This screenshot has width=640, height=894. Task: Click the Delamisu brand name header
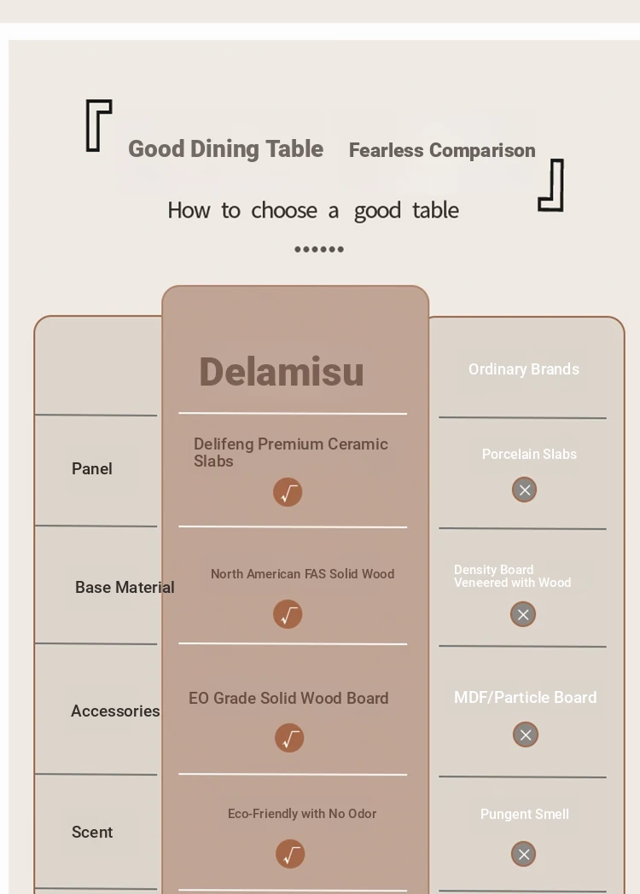(282, 372)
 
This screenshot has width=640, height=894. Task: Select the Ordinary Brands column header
(524, 369)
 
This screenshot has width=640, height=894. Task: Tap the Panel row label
(92, 468)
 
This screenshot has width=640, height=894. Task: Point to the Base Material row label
(125, 587)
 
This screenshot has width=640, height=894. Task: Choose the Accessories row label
(115, 711)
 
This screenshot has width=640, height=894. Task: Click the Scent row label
(92, 833)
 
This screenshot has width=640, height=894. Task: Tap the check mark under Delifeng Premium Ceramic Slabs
(288, 492)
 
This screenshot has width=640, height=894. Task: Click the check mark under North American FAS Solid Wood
(288, 614)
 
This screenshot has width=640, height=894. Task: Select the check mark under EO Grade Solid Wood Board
(289, 739)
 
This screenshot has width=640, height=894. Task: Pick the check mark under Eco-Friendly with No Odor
(290, 854)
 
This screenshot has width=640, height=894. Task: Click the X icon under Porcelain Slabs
(524, 490)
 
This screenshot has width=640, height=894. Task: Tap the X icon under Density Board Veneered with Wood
(523, 614)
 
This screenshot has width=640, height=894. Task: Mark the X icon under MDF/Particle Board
(526, 735)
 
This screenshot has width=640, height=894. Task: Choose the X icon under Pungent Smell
(524, 854)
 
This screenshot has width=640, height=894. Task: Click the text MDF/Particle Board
(526, 697)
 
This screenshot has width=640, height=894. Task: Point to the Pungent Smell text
(524, 814)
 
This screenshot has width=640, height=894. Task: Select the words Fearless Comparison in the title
(442, 150)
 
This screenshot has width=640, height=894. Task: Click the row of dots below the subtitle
(319, 249)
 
